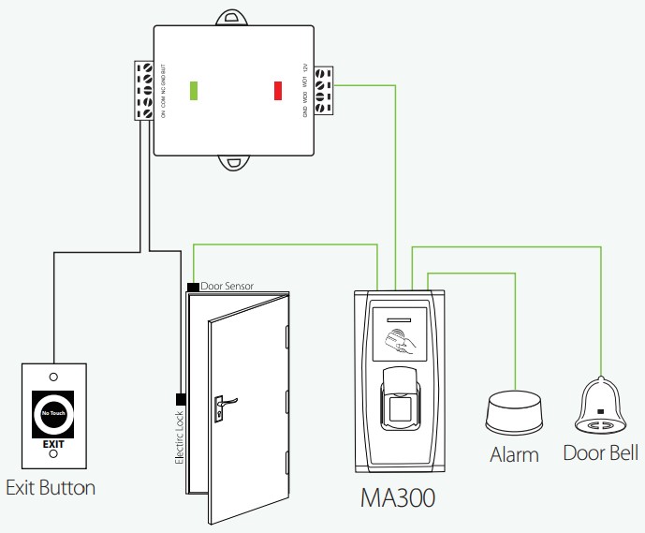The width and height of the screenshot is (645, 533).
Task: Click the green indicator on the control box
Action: (x=194, y=90)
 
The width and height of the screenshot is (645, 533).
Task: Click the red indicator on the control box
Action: (x=277, y=90)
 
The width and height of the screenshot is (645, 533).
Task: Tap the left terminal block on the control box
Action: (x=144, y=91)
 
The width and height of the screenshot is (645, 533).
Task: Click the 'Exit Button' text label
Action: (x=51, y=488)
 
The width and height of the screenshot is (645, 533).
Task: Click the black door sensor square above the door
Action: (x=192, y=285)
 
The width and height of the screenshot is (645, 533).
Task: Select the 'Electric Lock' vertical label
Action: (x=179, y=437)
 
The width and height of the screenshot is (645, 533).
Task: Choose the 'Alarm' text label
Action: (x=515, y=455)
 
